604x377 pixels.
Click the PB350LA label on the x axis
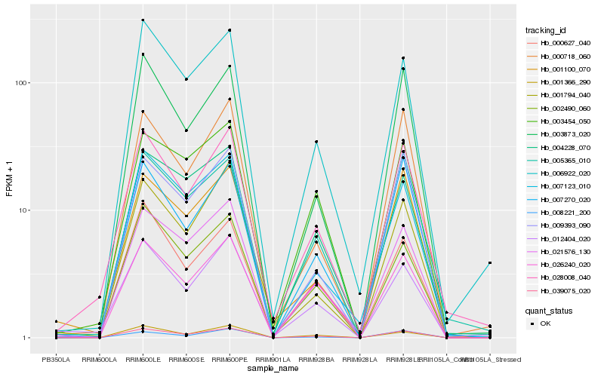tap(56, 360)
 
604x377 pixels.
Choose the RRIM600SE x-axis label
tap(186, 360)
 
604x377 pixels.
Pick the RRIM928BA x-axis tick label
tap(316, 360)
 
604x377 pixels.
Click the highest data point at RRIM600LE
tap(143, 20)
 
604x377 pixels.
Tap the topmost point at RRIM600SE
tap(186, 79)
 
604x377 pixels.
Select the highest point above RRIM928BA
tap(316, 142)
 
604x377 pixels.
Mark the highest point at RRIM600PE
tap(230, 30)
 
